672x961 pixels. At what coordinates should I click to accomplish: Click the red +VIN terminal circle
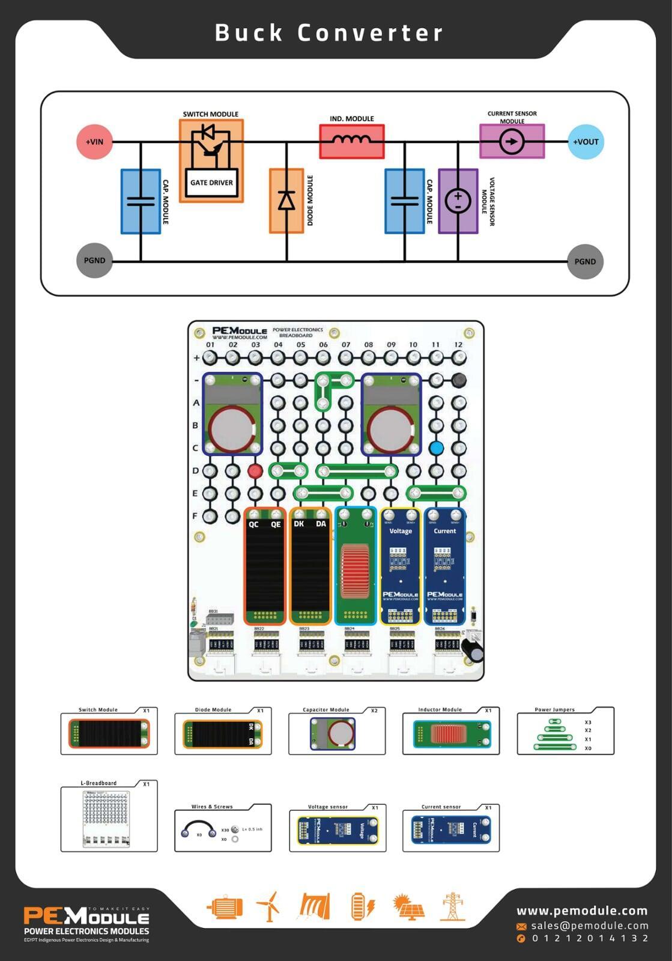(95, 142)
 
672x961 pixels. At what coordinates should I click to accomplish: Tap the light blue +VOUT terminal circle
(585, 142)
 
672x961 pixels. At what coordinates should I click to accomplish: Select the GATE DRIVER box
(211, 183)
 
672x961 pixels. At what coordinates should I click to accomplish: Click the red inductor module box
(352, 142)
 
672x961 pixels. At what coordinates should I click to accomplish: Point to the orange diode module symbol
(286, 200)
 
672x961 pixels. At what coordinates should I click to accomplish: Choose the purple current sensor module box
(512, 142)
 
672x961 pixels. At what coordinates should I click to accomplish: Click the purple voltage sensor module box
(458, 201)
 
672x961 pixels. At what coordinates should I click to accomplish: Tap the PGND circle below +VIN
(95, 261)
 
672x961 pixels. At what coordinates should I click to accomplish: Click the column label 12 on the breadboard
(458, 345)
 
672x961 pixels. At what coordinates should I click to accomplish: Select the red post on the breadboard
(255, 470)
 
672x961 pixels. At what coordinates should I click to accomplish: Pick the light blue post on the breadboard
(437, 447)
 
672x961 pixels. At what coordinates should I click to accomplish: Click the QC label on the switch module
(254, 524)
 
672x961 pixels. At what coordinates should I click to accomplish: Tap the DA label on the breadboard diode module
(321, 524)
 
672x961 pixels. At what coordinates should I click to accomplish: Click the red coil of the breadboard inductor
(355, 571)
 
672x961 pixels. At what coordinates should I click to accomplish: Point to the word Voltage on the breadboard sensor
(401, 531)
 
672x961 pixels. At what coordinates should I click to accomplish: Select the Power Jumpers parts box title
(554, 709)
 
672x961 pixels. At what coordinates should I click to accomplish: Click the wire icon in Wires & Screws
(199, 830)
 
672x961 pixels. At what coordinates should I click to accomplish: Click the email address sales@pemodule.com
(589, 926)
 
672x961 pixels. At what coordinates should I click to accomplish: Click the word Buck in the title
(249, 33)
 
